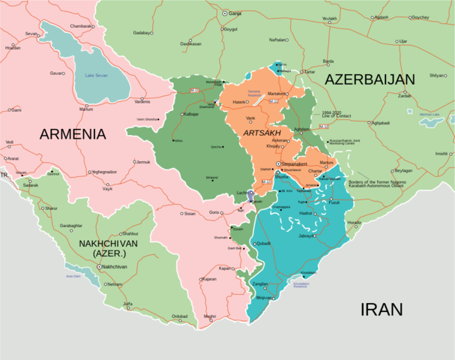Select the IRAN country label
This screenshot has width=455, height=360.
pyautogui.click(x=382, y=309)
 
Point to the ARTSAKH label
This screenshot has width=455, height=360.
pyautogui.click(x=261, y=132)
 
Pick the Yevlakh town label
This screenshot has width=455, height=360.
pyautogui.click(x=329, y=18)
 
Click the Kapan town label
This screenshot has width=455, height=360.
pyautogui.click(x=225, y=268)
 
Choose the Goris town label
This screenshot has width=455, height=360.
pyautogui.click(x=214, y=212)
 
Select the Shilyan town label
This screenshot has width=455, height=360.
pyautogui.click(x=436, y=75)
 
